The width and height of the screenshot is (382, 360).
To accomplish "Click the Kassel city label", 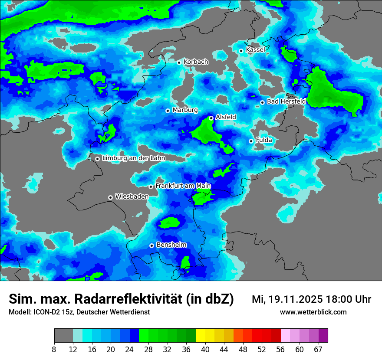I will coord(255,50).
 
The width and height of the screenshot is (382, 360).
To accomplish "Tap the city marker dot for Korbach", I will coord(179,62).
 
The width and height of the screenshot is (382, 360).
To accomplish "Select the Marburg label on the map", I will coord(185,110).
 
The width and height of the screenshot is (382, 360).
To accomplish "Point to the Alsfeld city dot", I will coord(211,118).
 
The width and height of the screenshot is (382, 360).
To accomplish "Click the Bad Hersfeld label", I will coord(286,101).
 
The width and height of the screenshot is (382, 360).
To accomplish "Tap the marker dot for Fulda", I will coord(251,141).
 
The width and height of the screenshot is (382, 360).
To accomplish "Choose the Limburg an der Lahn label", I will coord(133,158).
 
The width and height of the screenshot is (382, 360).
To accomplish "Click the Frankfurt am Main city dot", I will coord(151,187).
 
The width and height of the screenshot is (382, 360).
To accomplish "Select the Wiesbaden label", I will coord(132,196).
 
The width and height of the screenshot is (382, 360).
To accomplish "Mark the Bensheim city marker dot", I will coord(151,245).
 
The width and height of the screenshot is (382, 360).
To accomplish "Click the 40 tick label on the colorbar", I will coord(205,349).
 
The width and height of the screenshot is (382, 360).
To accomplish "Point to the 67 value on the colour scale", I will coord(319,349).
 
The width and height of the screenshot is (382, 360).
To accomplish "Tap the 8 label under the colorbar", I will coord(54,349).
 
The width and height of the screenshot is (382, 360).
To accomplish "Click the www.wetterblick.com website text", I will coord(313,312).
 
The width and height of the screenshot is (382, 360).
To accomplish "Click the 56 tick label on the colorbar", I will coord(281,349).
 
